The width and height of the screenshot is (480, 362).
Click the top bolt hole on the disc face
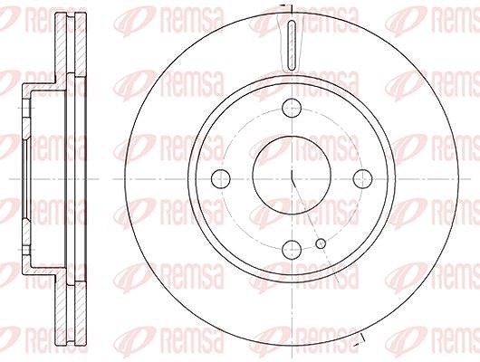tap(292, 108)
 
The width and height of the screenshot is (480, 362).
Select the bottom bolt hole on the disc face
tap(292, 250)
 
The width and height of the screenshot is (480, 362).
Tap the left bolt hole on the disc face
tap(221, 178)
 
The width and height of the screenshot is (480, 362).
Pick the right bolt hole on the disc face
tap(363, 178)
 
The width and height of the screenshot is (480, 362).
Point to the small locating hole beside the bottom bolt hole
tap(321, 243)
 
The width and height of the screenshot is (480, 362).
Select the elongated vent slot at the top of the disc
tap(293, 45)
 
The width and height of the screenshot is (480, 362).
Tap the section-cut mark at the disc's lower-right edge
tap(360, 339)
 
